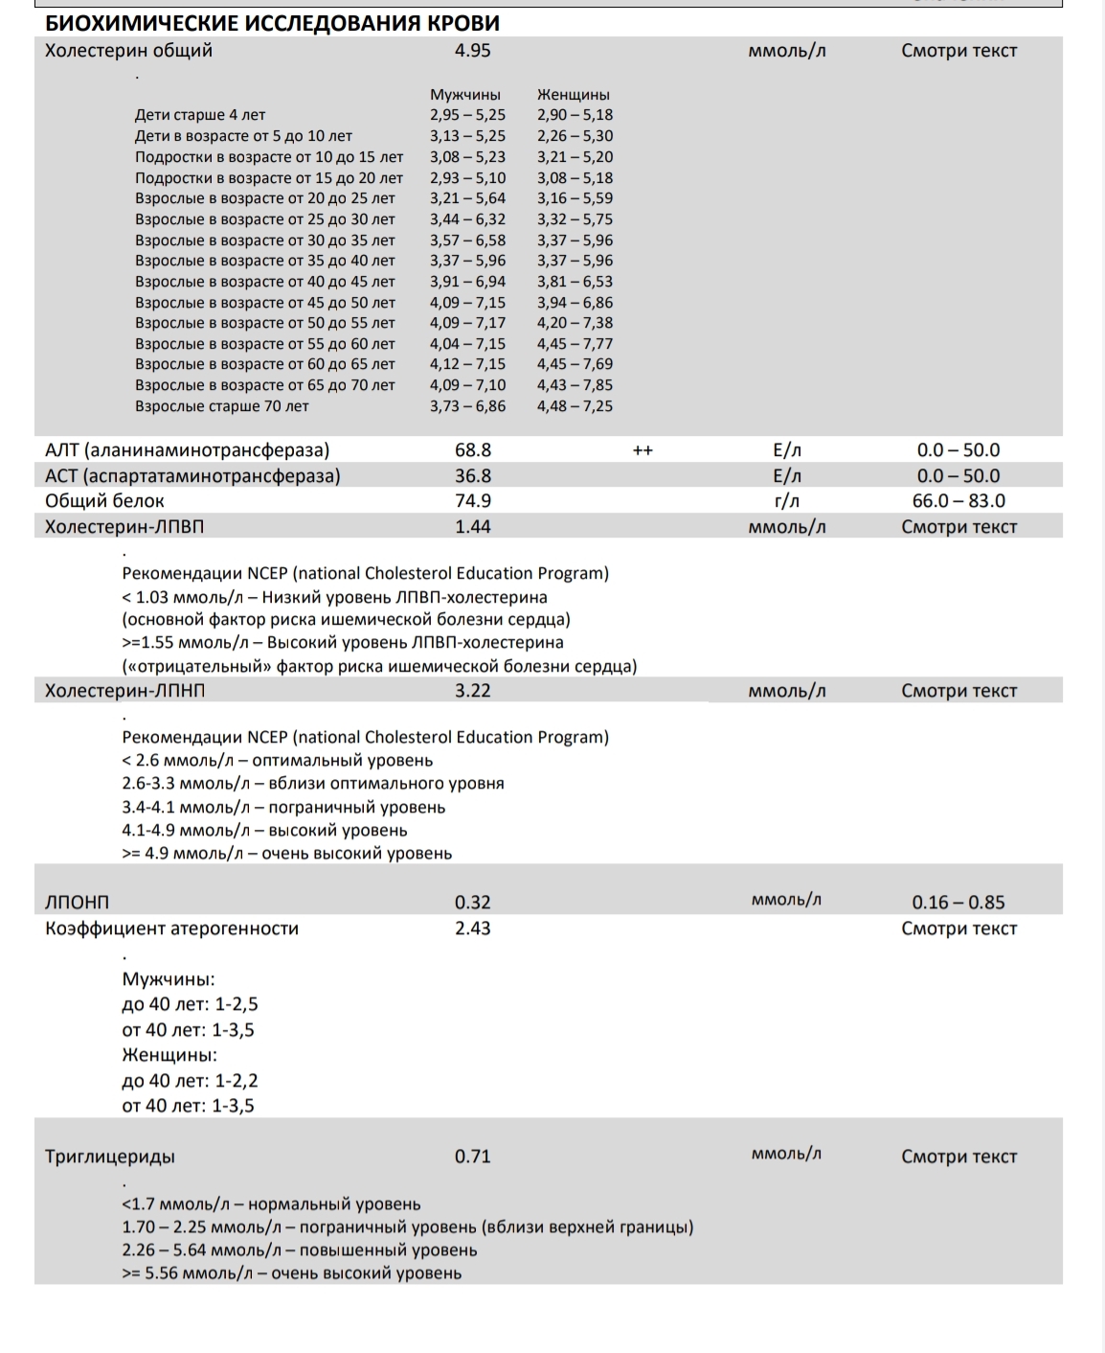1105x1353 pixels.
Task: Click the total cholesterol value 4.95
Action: click(472, 51)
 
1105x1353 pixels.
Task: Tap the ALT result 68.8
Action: click(472, 450)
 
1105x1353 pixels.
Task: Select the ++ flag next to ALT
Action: click(643, 450)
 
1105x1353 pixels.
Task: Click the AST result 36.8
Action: click(472, 476)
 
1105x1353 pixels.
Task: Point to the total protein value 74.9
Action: click(472, 501)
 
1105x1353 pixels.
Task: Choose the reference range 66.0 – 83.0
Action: click(958, 501)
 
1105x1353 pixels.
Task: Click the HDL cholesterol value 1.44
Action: click(472, 527)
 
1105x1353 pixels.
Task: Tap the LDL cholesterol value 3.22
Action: click(472, 691)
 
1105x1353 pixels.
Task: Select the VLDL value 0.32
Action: click(472, 903)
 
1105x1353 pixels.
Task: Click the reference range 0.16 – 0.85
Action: click(958, 903)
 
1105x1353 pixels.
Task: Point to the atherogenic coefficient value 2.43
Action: click(472, 929)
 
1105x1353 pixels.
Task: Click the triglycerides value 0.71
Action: click(472, 1157)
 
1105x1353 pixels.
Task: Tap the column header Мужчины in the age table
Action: click(465, 95)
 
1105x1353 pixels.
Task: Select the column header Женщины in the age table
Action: click(574, 95)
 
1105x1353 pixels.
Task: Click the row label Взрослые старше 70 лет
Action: click(222, 406)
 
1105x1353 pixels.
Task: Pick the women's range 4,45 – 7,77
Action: click(575, 344)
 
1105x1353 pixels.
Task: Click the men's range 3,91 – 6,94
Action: click(467, 282)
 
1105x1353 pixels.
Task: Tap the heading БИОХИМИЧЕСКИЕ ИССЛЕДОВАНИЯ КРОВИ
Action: click(273, 24)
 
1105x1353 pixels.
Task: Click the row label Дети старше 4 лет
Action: click(200, 115)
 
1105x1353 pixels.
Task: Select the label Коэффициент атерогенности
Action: click(172, 929)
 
